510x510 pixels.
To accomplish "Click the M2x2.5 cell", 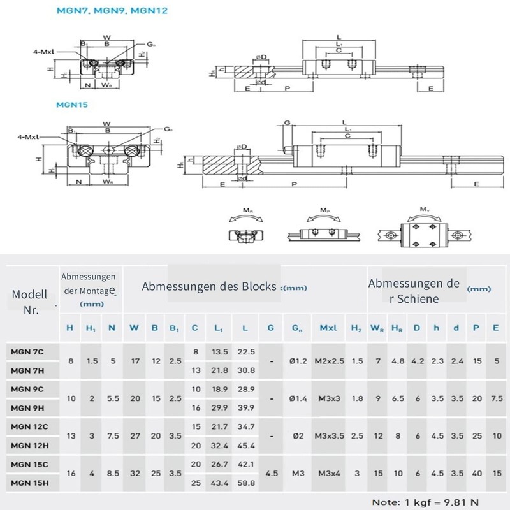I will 329,361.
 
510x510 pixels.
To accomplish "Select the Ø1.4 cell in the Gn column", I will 298,398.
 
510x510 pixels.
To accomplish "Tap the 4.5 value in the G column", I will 271,474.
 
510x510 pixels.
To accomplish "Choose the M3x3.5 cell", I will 329,436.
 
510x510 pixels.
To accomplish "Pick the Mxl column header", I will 329,328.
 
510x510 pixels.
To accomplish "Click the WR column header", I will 378,328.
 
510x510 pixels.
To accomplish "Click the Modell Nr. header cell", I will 30,302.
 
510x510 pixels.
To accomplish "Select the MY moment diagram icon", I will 423,233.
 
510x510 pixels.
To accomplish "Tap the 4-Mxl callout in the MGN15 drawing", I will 29,136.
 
